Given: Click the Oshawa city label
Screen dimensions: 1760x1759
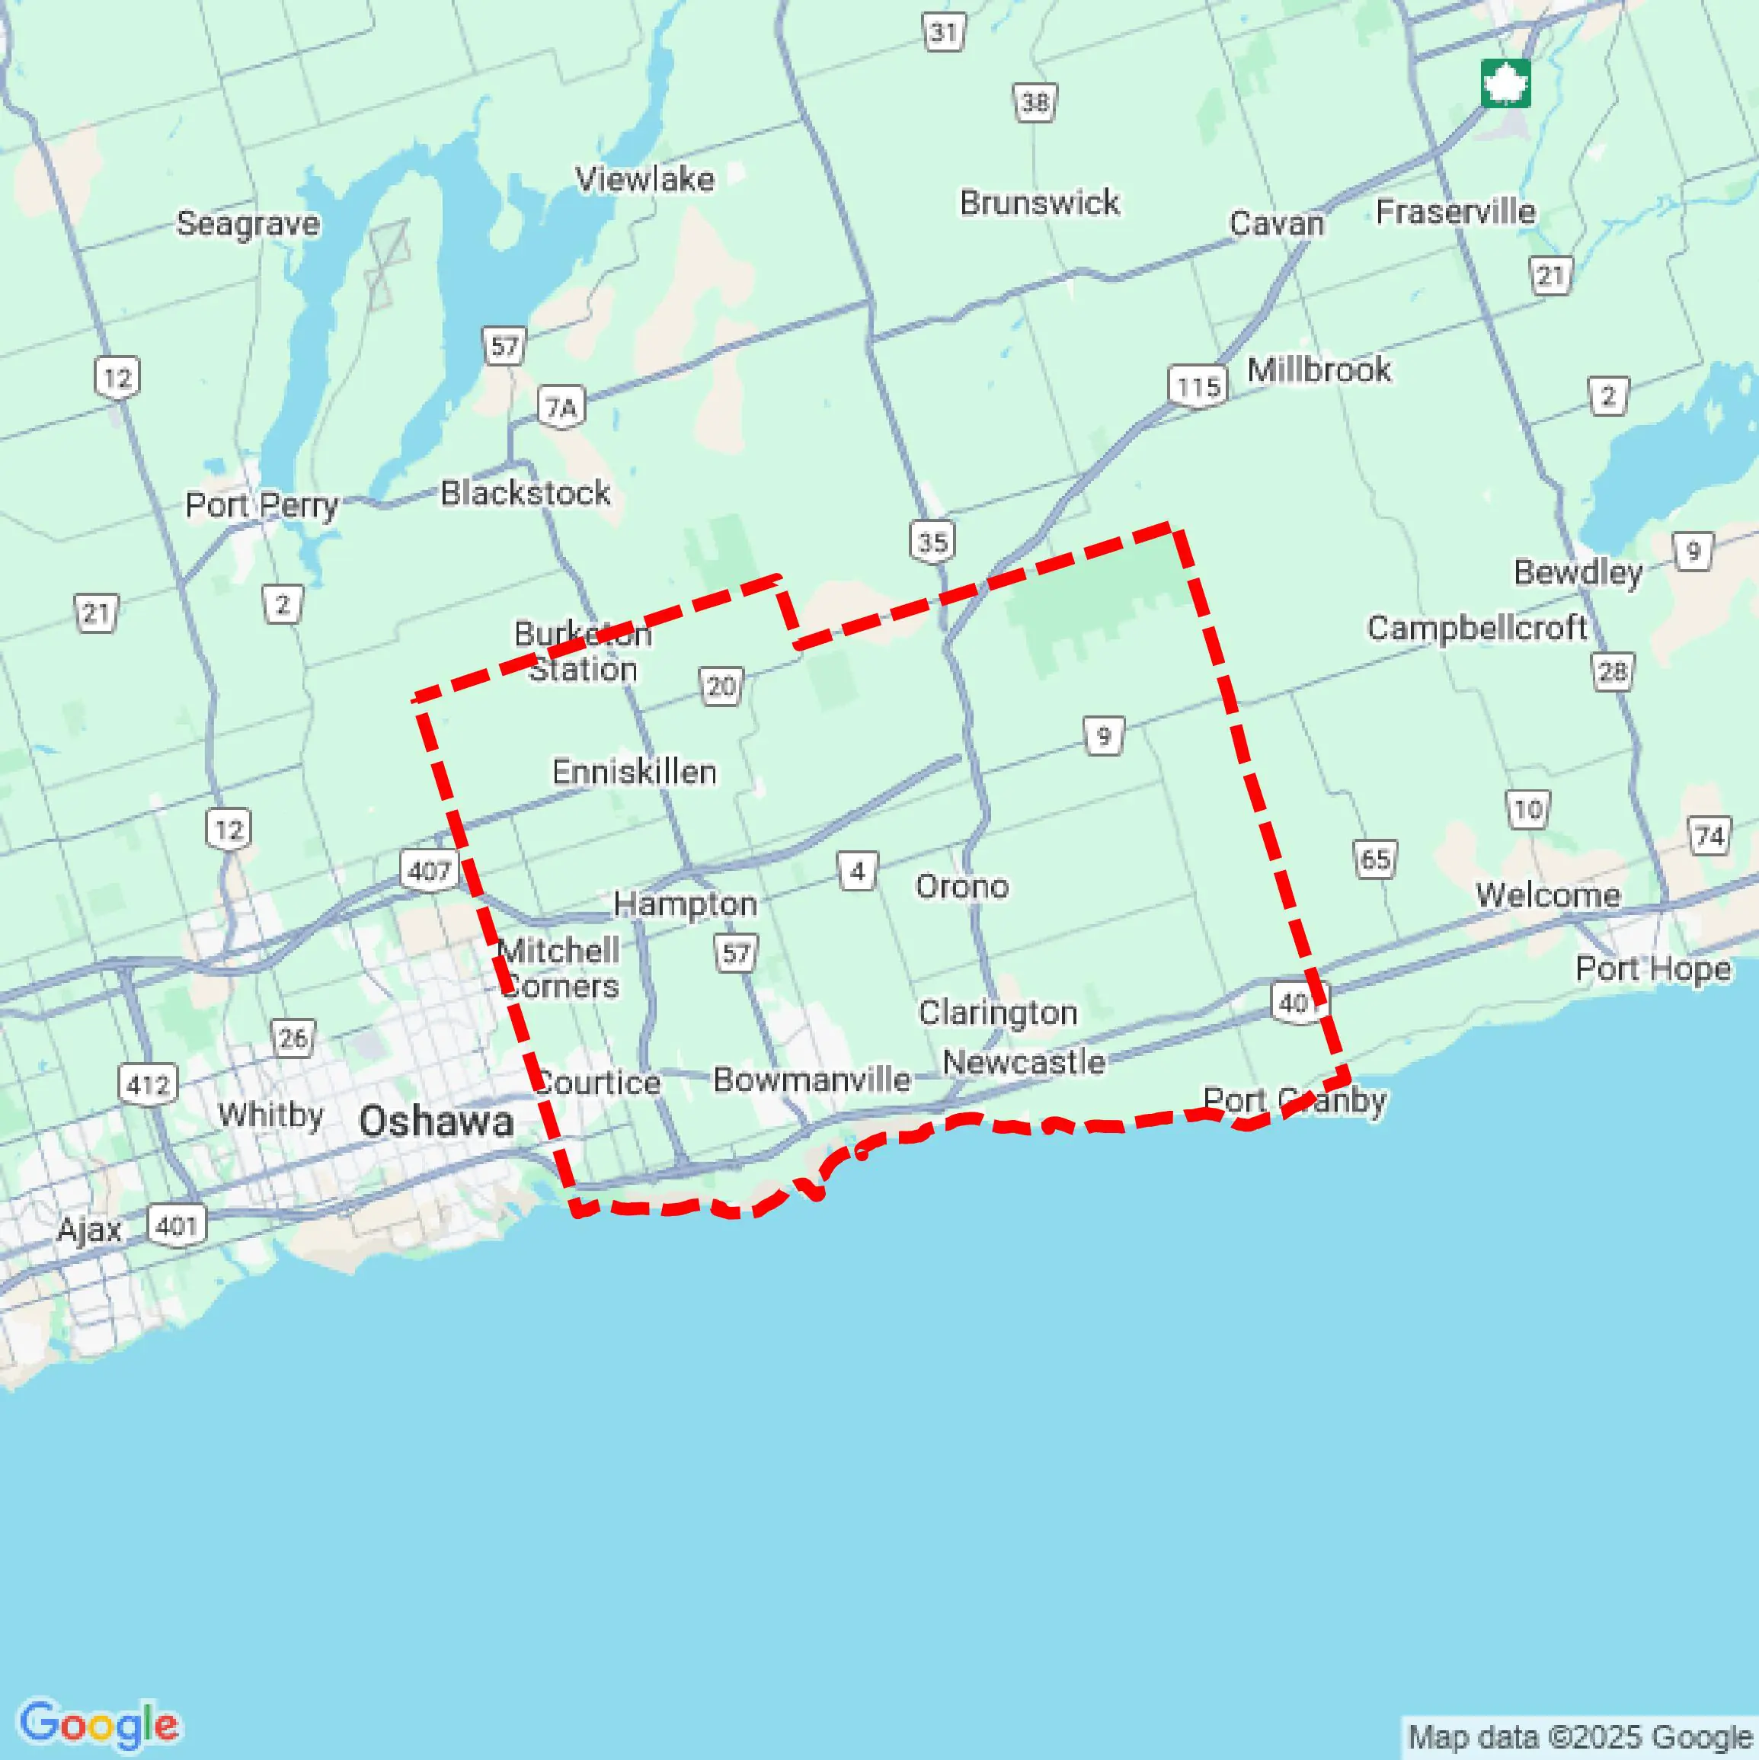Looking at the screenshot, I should pyautogui.click(x=436, y=1122).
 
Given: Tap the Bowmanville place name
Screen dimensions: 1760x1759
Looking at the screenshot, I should pyautogui.click(x=811, y=1080).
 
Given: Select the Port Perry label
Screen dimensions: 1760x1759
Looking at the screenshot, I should pyautogui.click(x=261, y=504).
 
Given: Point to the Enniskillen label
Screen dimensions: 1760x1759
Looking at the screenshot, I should pyautogui.click(x=634, y=772).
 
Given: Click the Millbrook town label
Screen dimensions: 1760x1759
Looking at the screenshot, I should pyautogui.click(x=1318, y=370).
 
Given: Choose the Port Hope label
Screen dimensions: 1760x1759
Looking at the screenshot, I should pyautogui.click(x=1652, y=968).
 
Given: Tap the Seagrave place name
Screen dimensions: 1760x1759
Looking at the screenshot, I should pyautogui.click(x=248, y=223).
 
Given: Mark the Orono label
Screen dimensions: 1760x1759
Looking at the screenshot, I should pyautogui.click(x=962, y=886).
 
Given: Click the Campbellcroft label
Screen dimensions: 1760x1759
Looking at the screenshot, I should pyautogui.click(x=1476, y=628).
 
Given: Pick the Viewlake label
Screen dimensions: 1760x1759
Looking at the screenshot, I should pyautogui.click(x=645, y=178).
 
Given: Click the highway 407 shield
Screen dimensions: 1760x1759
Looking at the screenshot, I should pyautogui.click(x=429, y=871).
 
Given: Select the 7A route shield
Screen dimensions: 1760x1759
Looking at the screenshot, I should pyautogui.click(x=561, y=407).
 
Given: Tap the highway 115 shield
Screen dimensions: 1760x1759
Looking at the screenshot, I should pyautogui.click(x=1197, y=387).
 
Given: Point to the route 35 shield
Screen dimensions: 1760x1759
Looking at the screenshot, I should pyautogui.click(x=932, y=542).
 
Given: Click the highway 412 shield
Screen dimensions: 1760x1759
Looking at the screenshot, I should pyautogui.click(x=148, y=1085).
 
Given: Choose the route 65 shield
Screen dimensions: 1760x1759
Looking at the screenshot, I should pyautogui.click(x=1374, y=859).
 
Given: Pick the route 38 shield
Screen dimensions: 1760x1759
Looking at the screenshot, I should pyautogui.click(x=1035, y=101).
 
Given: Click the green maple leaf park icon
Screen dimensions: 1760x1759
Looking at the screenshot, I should pyautogui.click(x=1505, y=84).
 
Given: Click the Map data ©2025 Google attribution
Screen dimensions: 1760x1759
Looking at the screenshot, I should pyautogui.click(x=1581, y=1738).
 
